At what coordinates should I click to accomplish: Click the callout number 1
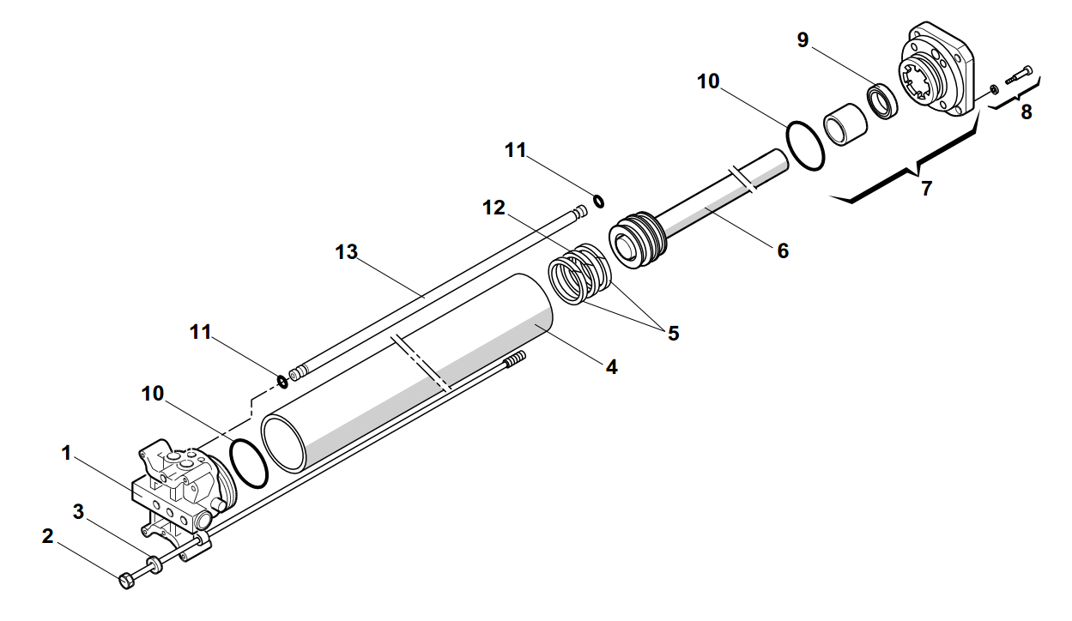66,452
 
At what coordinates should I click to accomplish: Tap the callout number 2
47,537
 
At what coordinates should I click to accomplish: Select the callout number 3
78,512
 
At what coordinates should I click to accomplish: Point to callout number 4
611,367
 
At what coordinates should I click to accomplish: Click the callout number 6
782,250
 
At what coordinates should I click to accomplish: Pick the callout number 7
926,189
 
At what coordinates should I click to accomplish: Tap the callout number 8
1026,112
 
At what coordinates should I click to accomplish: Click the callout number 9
803,40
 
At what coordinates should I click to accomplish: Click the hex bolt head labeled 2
126,581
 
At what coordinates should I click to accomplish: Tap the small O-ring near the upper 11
598,202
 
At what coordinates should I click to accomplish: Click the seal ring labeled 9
881,99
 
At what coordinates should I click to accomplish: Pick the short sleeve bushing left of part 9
845,124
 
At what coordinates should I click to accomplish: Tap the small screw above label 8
1017,76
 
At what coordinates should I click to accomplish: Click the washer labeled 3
155,565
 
